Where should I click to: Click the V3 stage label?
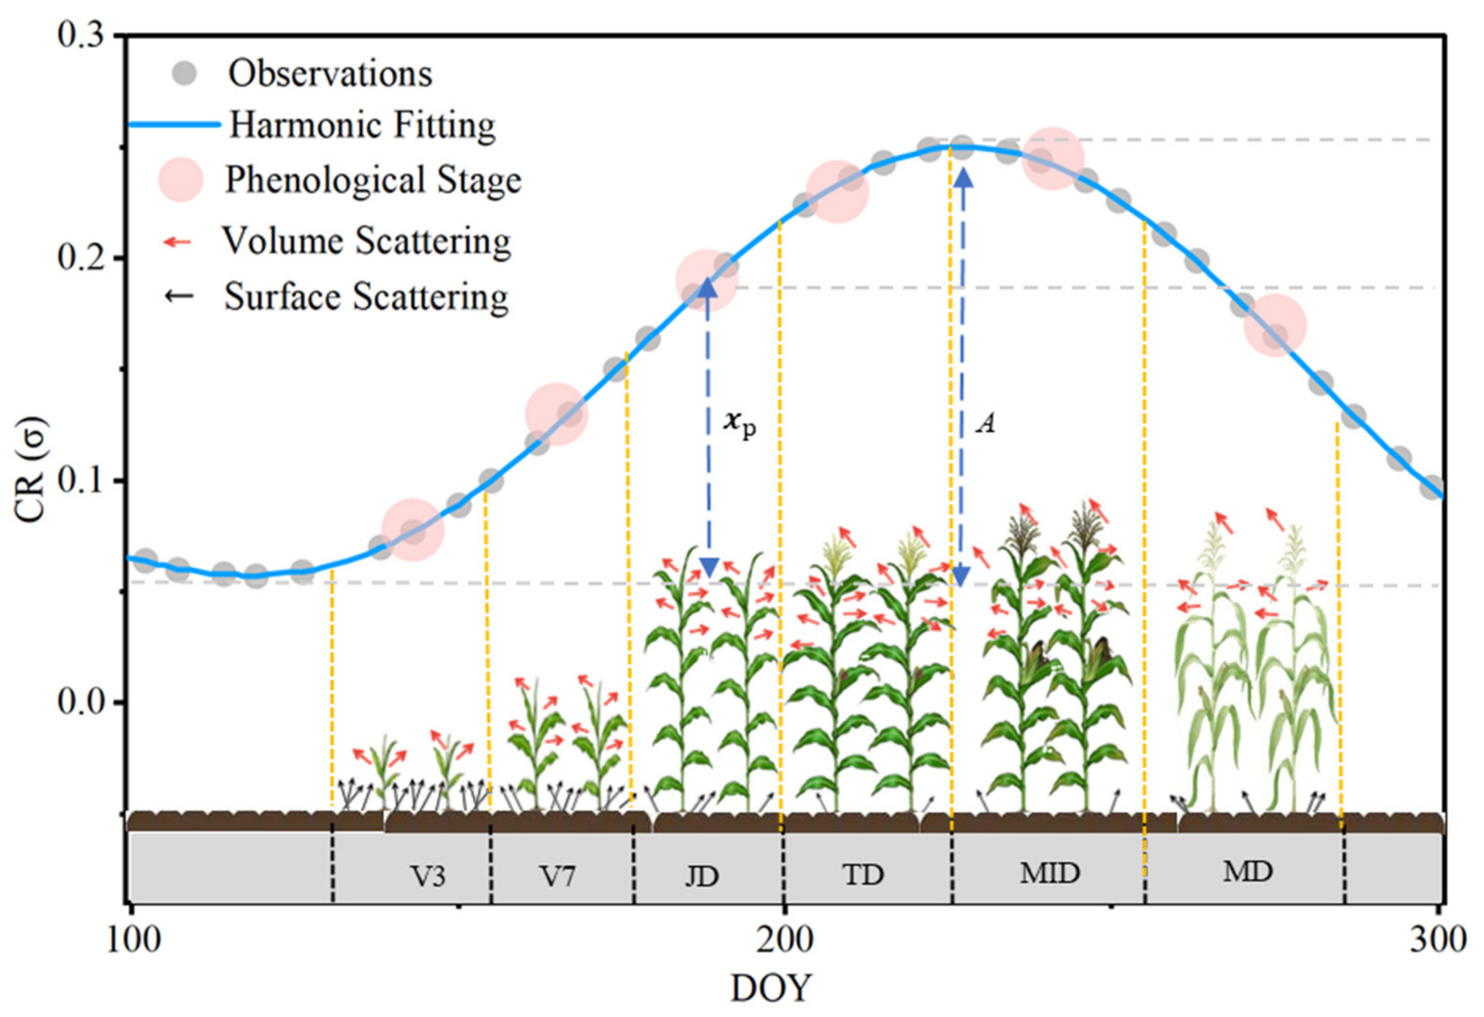pos(427,876)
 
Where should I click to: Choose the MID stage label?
pos(1050,873)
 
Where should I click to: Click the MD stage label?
pos(1247,872)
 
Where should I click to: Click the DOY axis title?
pos(770,989)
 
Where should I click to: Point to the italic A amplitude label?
pos(985,423)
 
